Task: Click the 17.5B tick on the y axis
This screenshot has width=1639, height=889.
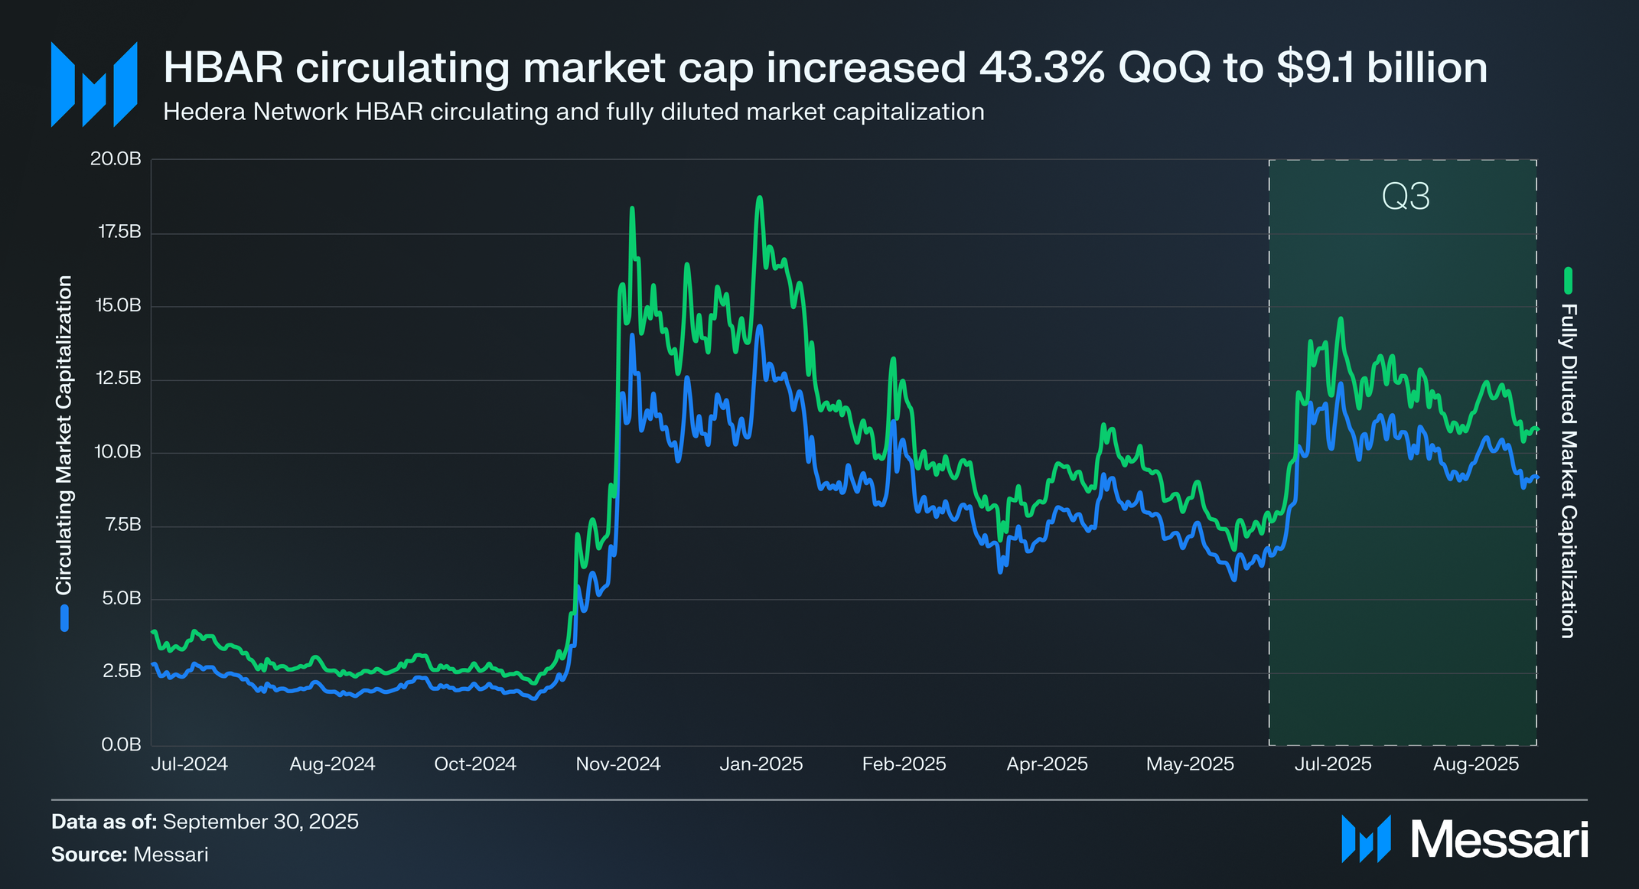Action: pos(120,233)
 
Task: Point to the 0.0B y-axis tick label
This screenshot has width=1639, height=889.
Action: pos(121,744)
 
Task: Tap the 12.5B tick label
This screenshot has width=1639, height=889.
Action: pos(120,379)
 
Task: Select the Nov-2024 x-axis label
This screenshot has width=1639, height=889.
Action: pos(618,764)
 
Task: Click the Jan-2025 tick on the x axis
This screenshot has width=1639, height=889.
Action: pos(761,764)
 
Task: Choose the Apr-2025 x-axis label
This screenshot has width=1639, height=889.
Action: pos(1047,764)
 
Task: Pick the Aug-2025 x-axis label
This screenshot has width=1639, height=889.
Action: pos(1476,764)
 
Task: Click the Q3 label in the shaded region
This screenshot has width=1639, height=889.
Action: pos(1406,197)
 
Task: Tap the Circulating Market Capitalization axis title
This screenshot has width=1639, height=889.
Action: pos(64,435)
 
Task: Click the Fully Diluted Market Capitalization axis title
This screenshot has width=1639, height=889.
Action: pos(1569,471)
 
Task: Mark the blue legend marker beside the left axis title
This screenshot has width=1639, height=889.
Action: pos(65,618)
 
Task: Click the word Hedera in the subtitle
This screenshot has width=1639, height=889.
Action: pos(204,112)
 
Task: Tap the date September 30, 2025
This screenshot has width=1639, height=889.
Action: pos(260,822)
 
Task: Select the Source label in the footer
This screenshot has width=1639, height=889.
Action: pos(89,855)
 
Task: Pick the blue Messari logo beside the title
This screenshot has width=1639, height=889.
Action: pos(94,84)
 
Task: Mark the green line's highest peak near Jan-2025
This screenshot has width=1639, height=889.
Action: pos(759,198)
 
